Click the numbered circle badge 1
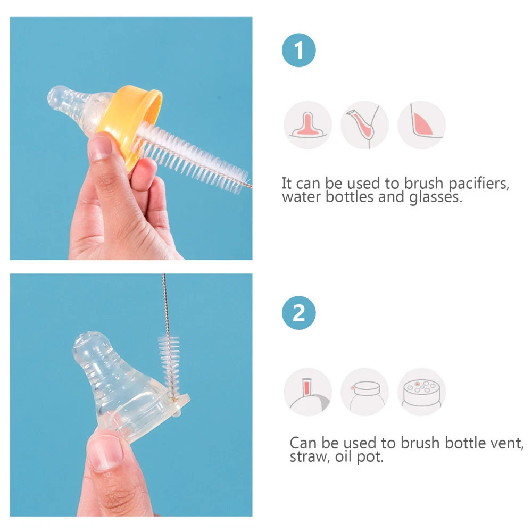(x=298, y=50)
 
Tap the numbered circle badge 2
(x=298, y=313)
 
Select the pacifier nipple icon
(x=307, y=125)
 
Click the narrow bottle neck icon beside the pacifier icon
(x=365, y=125)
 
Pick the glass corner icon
(x=422, y=125)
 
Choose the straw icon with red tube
(x=307, y=392)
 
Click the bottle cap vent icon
(x=365, y=392)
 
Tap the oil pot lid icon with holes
(x=422, y=392)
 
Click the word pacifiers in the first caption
(x=479, y=184)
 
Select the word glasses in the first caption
(x=436, y=197)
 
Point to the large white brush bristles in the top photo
(x=192, y=158)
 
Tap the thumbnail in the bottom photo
(x=105, y=452)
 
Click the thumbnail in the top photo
(x=99, y=147)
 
